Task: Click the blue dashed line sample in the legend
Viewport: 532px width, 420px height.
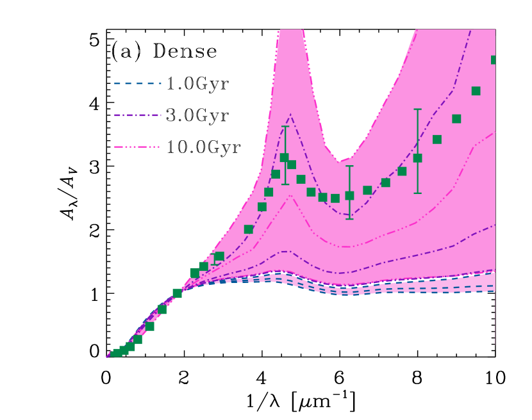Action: [x=137, y=83]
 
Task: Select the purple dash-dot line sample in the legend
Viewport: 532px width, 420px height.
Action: [x=137, y=115]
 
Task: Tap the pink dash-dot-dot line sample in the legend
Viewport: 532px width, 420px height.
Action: [x=137, y=147]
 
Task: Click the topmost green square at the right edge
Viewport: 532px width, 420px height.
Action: [x=495, y=60]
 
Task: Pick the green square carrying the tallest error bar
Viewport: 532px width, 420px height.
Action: [x=417, y=157]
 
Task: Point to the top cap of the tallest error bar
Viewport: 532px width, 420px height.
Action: [x=417, y=109]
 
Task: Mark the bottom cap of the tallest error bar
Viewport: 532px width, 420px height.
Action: [x=417, y=193]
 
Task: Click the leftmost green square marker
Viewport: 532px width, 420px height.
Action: [x=116, y=353]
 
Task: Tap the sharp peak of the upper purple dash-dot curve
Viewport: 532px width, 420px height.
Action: [x=290, y=115]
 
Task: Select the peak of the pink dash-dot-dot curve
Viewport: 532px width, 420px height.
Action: [x=290, y=195]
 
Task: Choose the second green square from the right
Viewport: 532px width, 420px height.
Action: [x=476, y=91]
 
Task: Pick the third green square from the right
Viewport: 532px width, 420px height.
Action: [x=456, y=118]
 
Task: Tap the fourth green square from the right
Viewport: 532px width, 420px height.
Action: [x=437, y=139]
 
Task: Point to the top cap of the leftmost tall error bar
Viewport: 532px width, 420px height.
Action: [x=285, y=126]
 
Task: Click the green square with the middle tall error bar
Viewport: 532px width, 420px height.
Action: [x=349, y=195]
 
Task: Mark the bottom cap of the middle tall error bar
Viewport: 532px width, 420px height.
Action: [x=349, y=219]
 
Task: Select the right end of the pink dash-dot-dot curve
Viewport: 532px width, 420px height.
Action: [x=494, y=131]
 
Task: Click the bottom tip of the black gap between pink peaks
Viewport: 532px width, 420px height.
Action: [x=338, y=162]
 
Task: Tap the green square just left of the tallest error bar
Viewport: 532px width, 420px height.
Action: [x=402, y=171]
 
